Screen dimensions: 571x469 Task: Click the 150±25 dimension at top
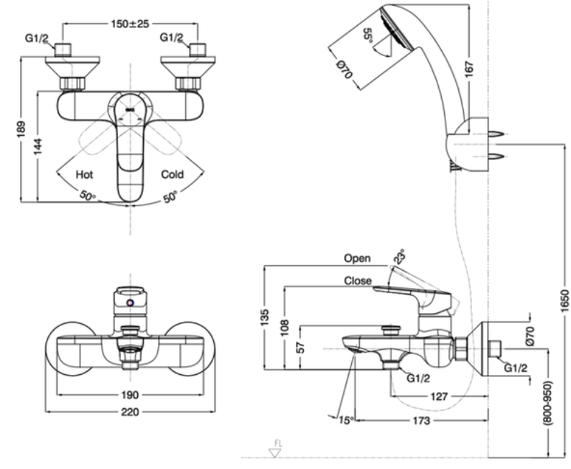[x=130, y=24]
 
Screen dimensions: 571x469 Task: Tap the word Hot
[x=84, y=175]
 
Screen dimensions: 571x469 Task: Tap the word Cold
[x=172, y=175]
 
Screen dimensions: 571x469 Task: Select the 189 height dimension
[x=21, y=129]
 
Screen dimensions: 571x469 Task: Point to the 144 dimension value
[x=38, y=147]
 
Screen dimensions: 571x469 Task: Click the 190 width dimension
[x=130, y=395]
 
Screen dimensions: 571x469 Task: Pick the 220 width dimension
[x=130, y=412]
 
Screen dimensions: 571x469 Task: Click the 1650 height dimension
[x=564, y=301]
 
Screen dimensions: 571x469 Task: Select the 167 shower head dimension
[x=470, y=69]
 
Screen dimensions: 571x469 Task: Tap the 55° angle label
[x=368, y=36]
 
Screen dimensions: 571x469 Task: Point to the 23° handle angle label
[x=399, y=256]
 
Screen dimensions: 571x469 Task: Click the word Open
[x=357, y=258]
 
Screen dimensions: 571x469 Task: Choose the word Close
[x=358, y=281]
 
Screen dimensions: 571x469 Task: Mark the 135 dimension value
[x=265, y=317]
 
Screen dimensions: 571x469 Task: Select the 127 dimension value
[x=439, y=396]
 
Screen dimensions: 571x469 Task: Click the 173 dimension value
[x=422, y=421]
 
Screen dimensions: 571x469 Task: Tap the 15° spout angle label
[x=346, y=420]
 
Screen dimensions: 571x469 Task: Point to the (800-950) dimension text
[x=547, y=403]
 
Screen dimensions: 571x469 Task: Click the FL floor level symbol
[x=276, y=450]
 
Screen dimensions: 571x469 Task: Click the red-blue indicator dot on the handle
[x=130, y=302]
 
